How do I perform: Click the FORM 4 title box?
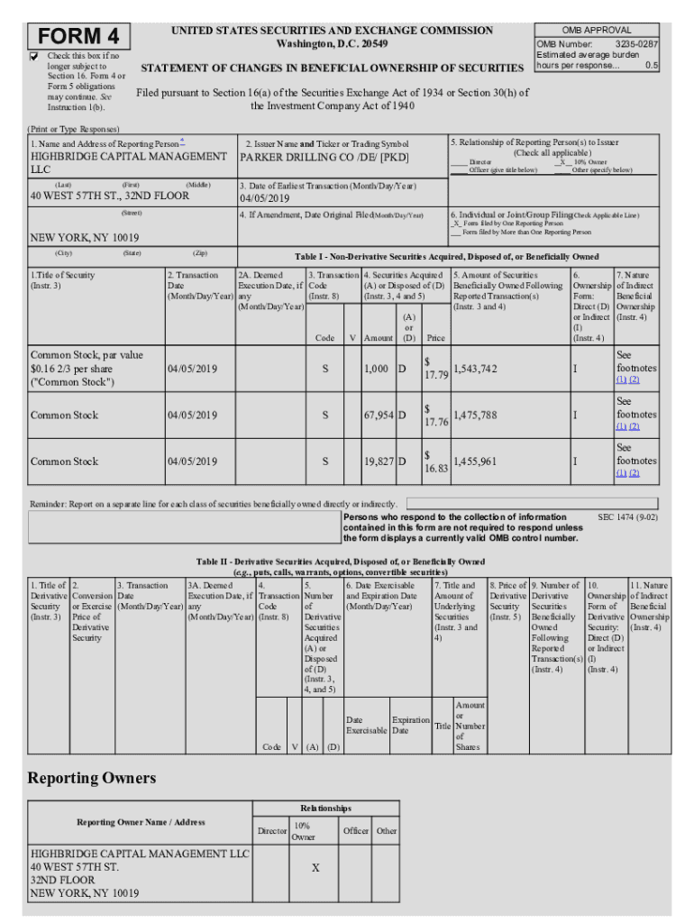(79, 37)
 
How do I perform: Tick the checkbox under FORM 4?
(35, 57)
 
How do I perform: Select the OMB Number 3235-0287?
(636, 43)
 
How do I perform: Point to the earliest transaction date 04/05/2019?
(264, 198)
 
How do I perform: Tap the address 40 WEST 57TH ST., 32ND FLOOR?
(110, 196)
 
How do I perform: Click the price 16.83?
(436, 468)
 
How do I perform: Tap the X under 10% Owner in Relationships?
(315, 867)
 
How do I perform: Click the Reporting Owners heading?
(91, 778)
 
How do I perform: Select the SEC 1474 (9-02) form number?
(627, 517)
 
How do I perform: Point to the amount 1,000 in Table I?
(376, 370)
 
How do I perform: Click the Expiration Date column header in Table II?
(411, 725)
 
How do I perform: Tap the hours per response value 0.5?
(651, 66)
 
